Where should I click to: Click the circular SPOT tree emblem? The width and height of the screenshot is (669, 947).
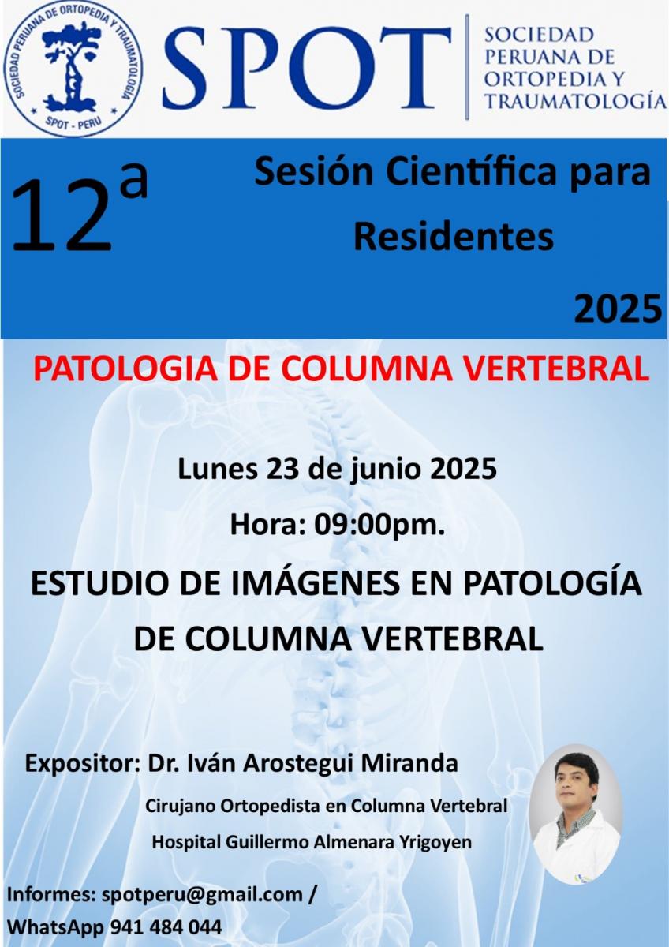74,69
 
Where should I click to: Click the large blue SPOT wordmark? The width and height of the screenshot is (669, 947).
307,69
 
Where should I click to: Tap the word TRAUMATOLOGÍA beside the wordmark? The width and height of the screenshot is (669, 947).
575,102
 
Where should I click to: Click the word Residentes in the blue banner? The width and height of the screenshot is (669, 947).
454,237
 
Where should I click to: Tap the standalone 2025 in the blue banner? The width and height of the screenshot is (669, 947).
618,309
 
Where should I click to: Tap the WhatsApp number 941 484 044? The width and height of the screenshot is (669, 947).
166,927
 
